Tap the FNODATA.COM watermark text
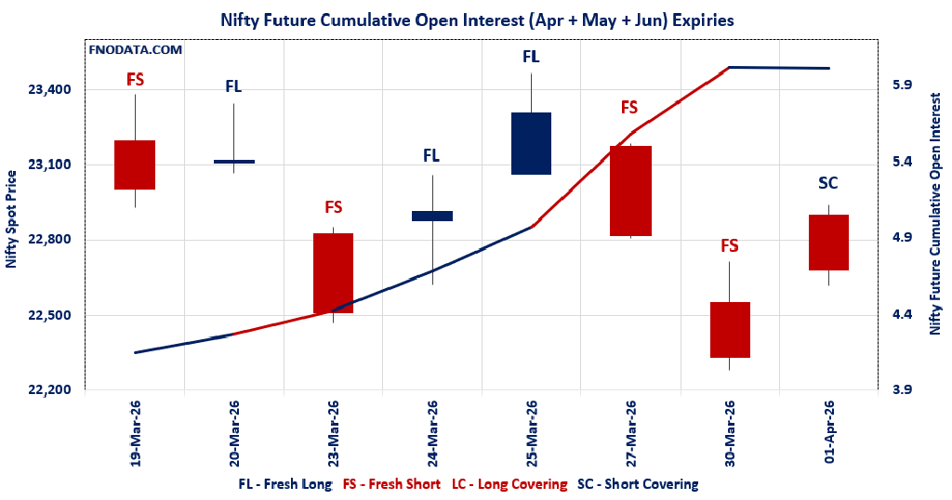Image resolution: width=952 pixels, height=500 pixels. (136, 50)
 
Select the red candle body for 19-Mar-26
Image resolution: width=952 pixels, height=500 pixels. (135, 164)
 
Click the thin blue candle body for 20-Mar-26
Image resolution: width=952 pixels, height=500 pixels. (233, 162)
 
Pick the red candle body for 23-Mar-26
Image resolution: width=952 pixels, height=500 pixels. (333, 272)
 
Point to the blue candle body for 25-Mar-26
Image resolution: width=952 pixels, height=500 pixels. (531, 143)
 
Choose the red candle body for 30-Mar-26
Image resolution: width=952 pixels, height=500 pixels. (730, 329)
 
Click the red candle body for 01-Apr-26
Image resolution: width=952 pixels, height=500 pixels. (828, 242)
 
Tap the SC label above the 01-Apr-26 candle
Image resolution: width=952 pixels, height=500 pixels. (828, 182)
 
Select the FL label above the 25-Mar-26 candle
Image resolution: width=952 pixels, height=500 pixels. (531, 57)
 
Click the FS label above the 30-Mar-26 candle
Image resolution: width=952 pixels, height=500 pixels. (730, 245)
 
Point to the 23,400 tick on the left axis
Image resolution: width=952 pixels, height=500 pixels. (50, 90)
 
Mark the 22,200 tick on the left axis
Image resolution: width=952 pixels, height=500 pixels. (50, 390)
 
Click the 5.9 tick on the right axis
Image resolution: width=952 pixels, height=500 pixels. (902, 85)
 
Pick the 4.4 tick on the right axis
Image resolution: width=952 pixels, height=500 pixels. (902, 314)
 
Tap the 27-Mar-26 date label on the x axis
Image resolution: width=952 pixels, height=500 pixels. (630, 433)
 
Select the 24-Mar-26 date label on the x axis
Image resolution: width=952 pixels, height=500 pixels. (432, 433)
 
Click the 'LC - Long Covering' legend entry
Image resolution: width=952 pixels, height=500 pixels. (509, 484)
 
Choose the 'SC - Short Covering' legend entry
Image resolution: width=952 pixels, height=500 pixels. (638, 484)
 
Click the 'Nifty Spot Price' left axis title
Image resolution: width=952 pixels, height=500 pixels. (11, 219)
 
